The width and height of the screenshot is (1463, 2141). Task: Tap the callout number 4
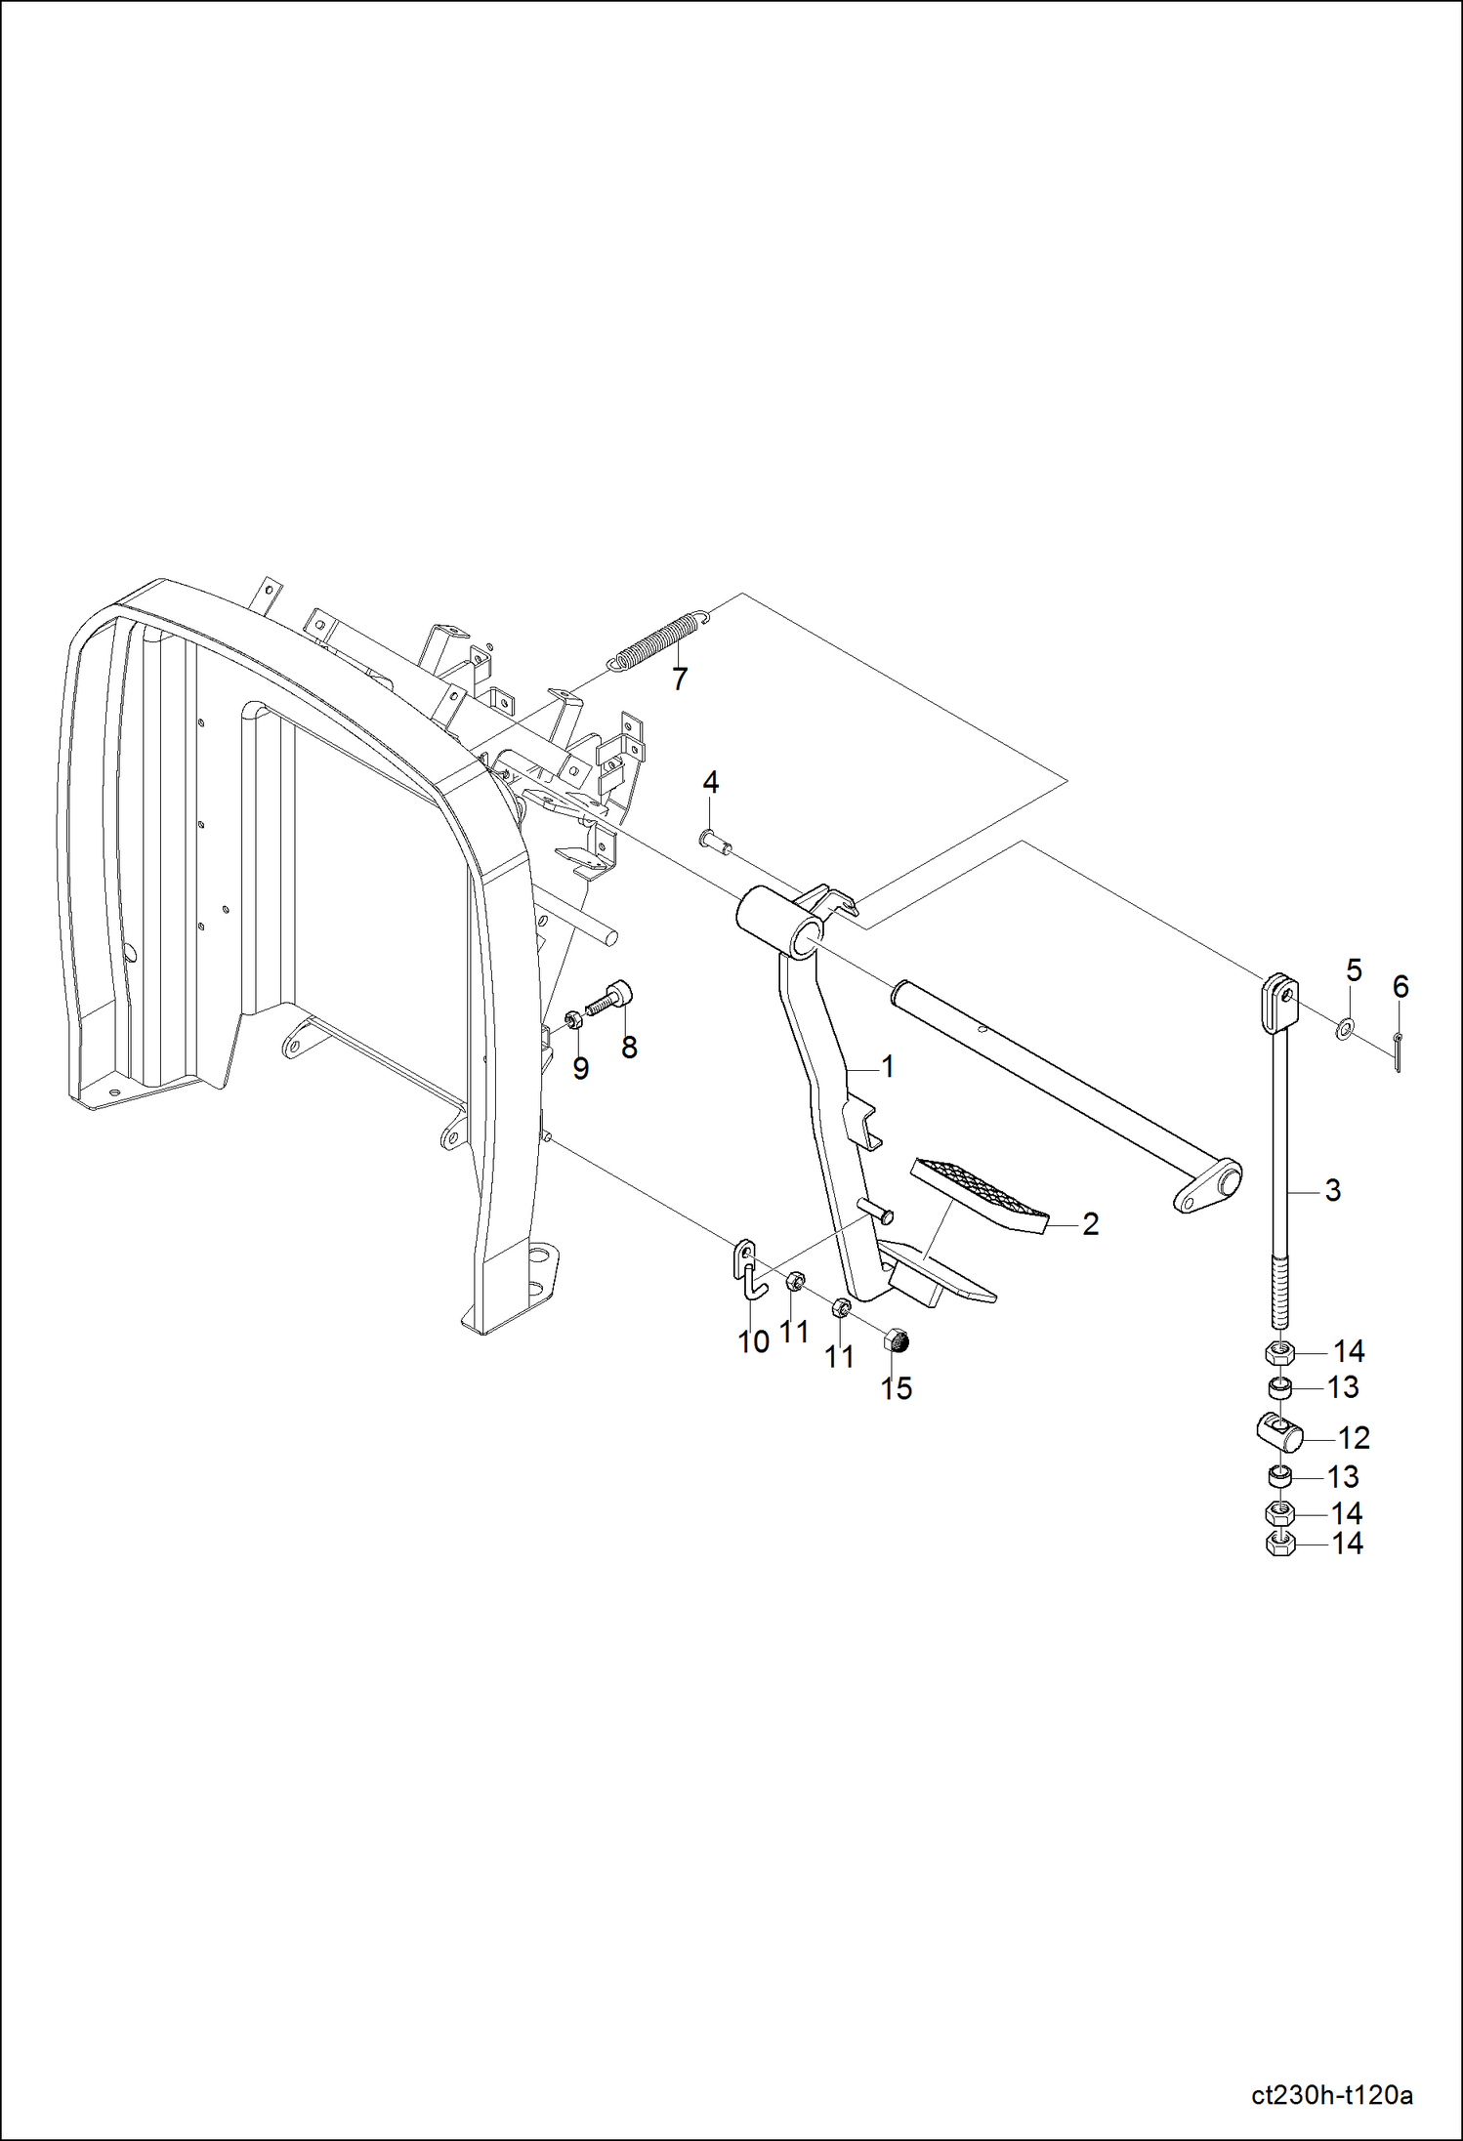pos(711,782)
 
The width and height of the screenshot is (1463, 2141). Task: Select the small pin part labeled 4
pos(715,839)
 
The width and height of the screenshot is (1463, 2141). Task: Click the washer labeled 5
pos(1346,1026)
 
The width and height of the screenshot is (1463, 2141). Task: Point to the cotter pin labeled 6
pos(1399,1051)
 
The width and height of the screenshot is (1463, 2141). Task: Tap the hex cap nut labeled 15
pos(897,1341)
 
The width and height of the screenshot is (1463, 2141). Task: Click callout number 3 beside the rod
pos(1333,1190)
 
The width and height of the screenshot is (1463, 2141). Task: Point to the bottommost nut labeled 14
pos(1280,1544)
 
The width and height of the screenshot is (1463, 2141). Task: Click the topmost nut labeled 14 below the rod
pos(1280,1353)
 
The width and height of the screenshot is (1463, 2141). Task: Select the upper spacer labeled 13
pos(1280,1387)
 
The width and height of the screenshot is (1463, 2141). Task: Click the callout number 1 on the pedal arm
pos(887,1066)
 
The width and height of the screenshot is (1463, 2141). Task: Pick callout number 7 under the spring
pos(680,678)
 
